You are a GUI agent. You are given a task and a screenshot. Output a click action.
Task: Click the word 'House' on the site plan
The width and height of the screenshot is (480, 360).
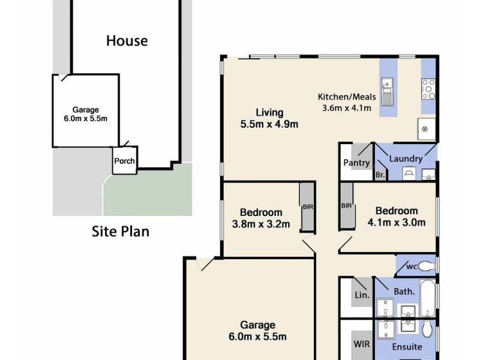(127, 41)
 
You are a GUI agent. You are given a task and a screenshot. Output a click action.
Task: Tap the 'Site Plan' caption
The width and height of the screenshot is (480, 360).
(120, 231)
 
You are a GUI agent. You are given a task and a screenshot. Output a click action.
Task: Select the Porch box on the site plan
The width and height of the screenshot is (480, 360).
(125, 161)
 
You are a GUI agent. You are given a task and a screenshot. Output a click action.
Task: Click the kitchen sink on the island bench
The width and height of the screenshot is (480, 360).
(388, 91)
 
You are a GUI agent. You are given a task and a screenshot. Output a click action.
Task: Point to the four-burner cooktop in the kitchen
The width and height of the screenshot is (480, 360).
(428, 89)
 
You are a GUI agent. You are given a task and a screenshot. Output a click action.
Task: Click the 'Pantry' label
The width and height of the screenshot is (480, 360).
(356, 163)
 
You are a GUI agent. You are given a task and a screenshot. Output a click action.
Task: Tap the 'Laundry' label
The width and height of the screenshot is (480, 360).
(406, 158)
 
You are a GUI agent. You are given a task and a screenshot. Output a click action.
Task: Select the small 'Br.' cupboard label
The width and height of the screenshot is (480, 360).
(380, 175)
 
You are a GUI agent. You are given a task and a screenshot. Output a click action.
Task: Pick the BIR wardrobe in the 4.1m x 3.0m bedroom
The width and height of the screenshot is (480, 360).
(347, 206)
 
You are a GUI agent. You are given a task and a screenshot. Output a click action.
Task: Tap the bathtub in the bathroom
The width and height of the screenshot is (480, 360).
(427, 294)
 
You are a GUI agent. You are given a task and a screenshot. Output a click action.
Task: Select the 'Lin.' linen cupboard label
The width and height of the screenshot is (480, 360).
(362, 295)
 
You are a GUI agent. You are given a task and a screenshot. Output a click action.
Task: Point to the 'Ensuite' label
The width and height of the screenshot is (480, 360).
(407, 347)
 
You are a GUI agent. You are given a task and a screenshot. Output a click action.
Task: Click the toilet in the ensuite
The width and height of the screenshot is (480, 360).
(427, 329)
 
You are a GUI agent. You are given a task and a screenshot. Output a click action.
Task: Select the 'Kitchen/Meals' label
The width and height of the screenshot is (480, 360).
(347, 97)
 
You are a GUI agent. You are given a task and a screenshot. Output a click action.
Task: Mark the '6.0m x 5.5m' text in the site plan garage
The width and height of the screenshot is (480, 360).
(85, 119)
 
